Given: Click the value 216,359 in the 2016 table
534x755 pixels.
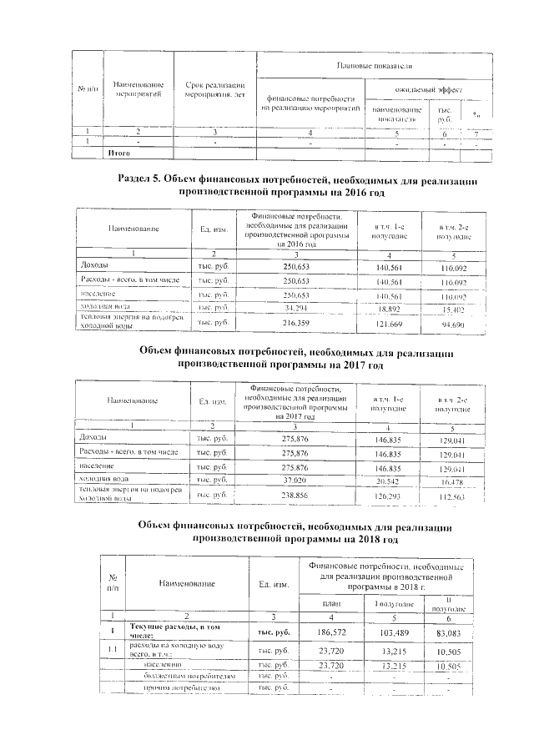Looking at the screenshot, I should click(291, 321).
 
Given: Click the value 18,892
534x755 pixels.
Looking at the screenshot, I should click(385, 309).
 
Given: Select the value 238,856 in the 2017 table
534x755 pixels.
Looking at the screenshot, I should click(291, 494).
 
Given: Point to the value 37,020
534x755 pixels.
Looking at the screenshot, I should click(291, 481).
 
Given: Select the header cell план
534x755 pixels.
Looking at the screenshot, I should click(331, 602).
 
